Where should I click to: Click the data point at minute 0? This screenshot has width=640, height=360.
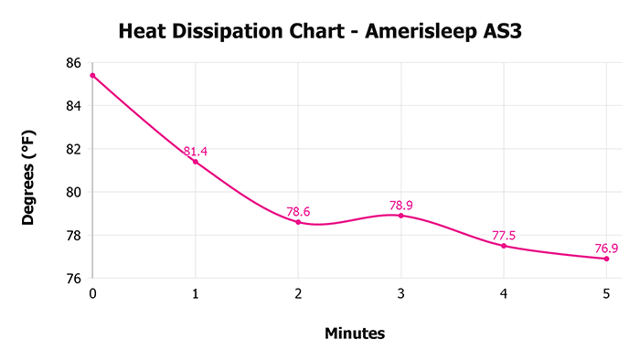92,75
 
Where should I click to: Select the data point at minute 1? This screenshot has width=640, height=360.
195,161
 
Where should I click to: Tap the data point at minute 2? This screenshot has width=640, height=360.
298,222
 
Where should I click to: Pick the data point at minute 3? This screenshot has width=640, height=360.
400,215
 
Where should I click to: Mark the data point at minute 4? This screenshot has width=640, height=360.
504,246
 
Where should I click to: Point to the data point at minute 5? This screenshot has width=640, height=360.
606,259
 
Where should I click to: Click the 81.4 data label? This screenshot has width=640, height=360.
195,151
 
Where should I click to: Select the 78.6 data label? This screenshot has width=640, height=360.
298,211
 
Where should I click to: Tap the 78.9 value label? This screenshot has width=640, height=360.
400,205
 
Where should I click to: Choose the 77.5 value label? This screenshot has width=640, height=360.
504,235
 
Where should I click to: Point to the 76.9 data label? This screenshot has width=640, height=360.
606,248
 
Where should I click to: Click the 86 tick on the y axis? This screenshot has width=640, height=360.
73,63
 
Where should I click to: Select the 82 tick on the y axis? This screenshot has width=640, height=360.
73,149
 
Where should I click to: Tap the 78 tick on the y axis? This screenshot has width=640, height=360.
73,235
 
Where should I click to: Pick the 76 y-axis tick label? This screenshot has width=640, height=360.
73,278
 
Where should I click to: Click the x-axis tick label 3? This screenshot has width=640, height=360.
400,293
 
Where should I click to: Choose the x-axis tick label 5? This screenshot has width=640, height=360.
606,293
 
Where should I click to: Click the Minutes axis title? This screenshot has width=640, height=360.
355,334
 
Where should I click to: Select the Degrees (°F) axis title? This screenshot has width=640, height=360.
30,171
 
